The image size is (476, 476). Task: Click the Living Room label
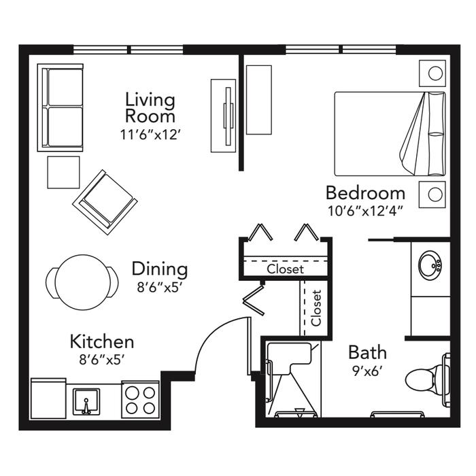pos(150,107)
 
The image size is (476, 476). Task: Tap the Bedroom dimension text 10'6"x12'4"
pos(366,211)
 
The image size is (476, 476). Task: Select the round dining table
pos(83,282)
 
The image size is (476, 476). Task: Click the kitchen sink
pos(86,401)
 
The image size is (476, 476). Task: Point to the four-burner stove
pos(141,400)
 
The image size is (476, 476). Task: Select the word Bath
pos(367,352)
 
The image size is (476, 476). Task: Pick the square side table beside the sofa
pos(63,172)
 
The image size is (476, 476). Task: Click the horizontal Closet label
pos(286,269)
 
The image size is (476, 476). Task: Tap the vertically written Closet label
pos(316,308)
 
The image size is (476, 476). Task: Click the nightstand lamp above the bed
pos(432,73)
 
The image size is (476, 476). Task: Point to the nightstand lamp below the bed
pos(432,194)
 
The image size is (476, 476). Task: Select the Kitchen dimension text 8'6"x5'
pos(102,360)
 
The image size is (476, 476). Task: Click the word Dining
pos(160,269)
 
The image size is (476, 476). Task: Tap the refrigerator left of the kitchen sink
pos(48,398)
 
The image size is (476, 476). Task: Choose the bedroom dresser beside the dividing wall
pos(259,99)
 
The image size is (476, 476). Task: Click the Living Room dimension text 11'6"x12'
pos(150,135)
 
